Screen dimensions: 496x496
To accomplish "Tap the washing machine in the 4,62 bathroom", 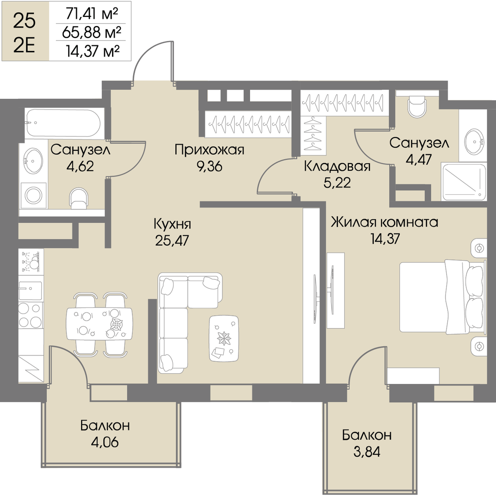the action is pyautogui.click(x=33, y=196).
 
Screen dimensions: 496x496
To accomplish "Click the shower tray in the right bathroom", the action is pyautogui.click(x=464, y=181).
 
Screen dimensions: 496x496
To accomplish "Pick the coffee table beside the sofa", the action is pyautogui.click(x=224, y=338).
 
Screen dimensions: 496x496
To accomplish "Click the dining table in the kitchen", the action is pyautogui.click(x=99, y=324).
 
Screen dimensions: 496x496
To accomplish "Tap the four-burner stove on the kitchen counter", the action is pyautogui.click(x=30, y=315).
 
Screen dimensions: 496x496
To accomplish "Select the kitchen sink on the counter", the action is pyautogui.click(x=30, y=291).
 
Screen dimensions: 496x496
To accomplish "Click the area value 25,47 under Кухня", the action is pyautogui.click(x=172, y=241).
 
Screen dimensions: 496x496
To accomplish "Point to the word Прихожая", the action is pyautogui.click(x=209, y=150).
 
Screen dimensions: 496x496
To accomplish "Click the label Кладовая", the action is pyautogui.click(x=337, y=167).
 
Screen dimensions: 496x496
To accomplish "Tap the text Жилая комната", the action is pyautogui.click(x=384, y=222).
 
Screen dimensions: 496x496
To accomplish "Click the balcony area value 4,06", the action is pyautogui.click(x=105, y=442).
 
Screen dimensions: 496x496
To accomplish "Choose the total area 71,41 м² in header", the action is pyautogui.click(x=92, y=14).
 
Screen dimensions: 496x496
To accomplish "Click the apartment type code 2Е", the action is pyautogui.click(x=24, y=46).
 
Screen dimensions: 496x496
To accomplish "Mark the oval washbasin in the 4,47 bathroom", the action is pyautogui.click(x=474, y=142).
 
